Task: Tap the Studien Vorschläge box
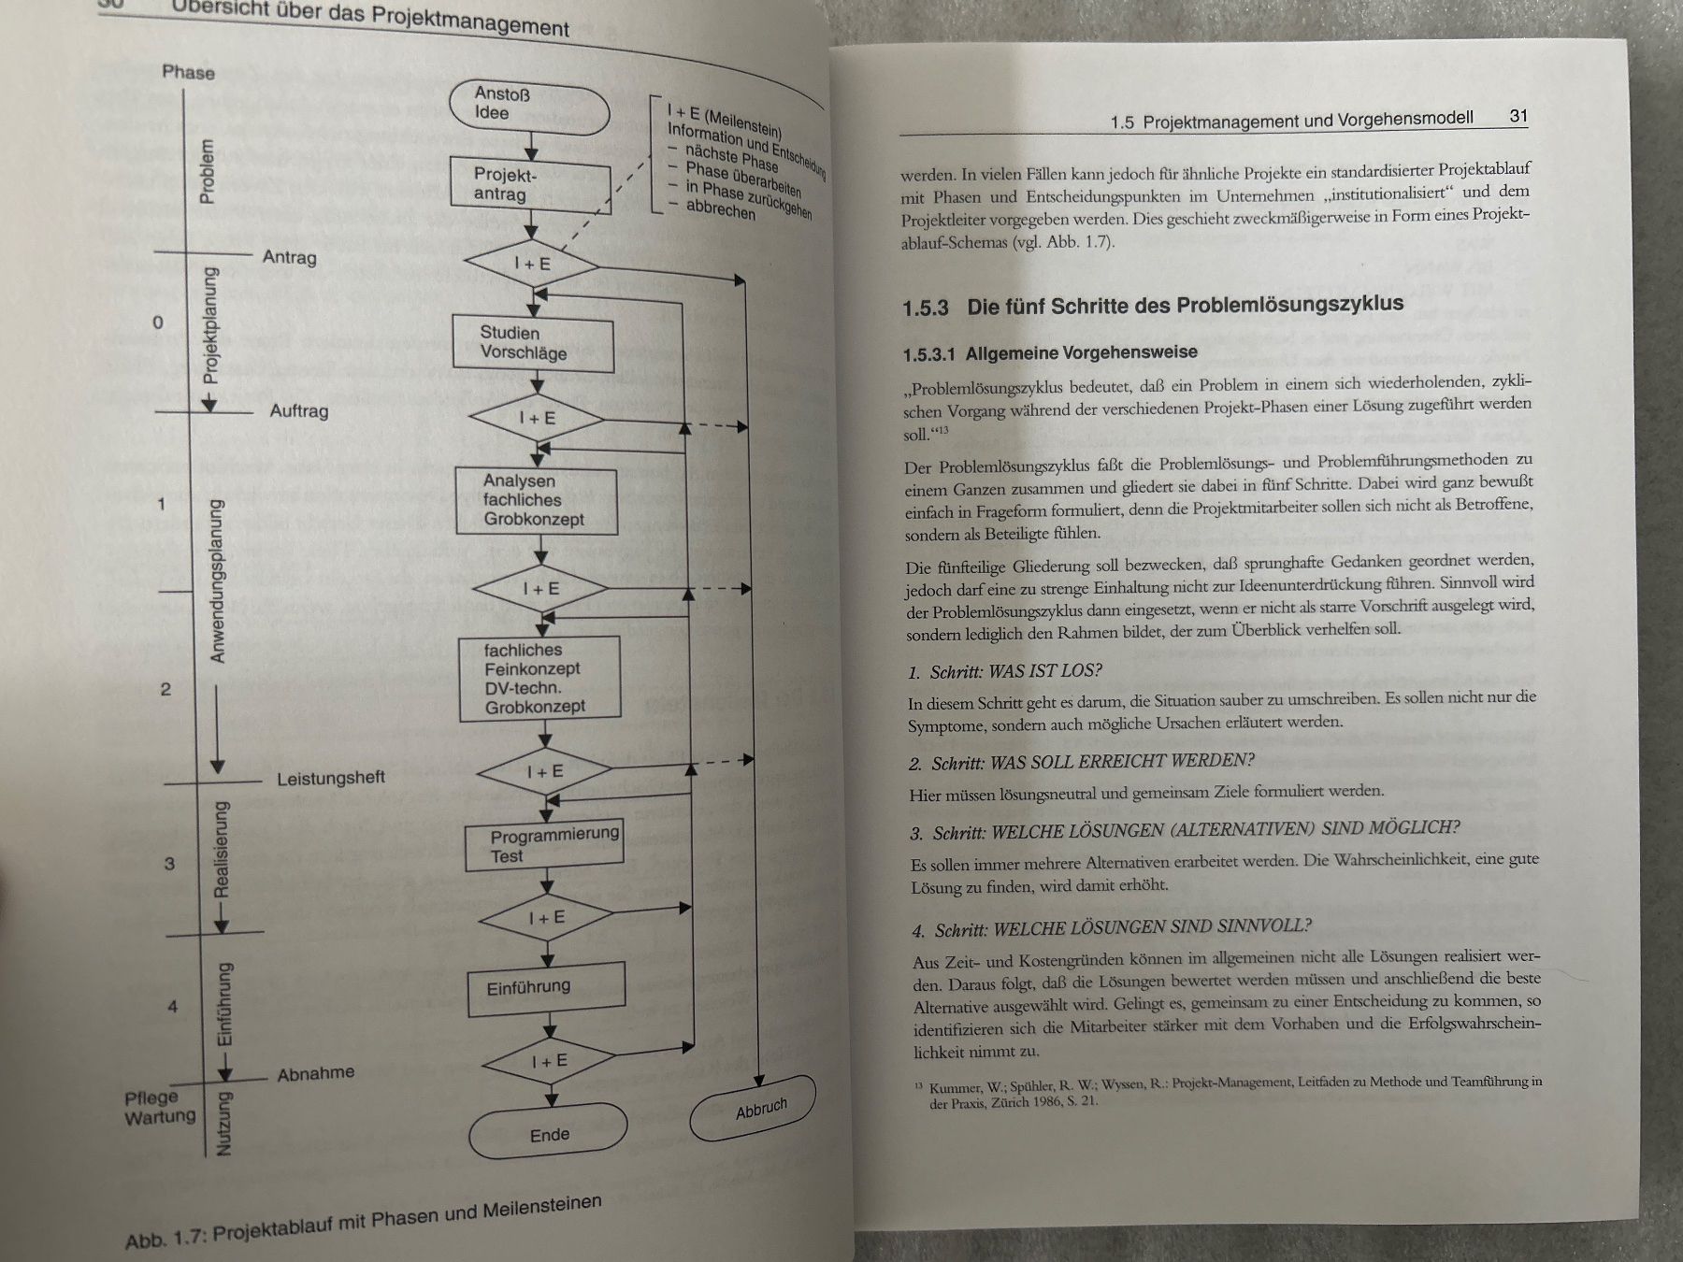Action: coord(534,343)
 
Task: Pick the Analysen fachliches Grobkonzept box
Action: coord(537,500)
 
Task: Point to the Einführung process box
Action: coord(547,988)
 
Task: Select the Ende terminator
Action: coord(549,1134)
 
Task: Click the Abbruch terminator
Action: coord(753,1109)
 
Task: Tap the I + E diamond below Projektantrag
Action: coord(532,264)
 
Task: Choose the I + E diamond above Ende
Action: coord(549,1061)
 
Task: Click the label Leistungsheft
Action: coord(331,778)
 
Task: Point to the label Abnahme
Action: coord(316,1073)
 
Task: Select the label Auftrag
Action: coord(299,410)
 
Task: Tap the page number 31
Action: coord(1518,116)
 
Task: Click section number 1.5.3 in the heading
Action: coord(926,308)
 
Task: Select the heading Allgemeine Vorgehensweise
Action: coord(1081,353)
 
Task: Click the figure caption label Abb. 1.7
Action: coord(165,1240)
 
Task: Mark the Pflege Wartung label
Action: coord(160,1107)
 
